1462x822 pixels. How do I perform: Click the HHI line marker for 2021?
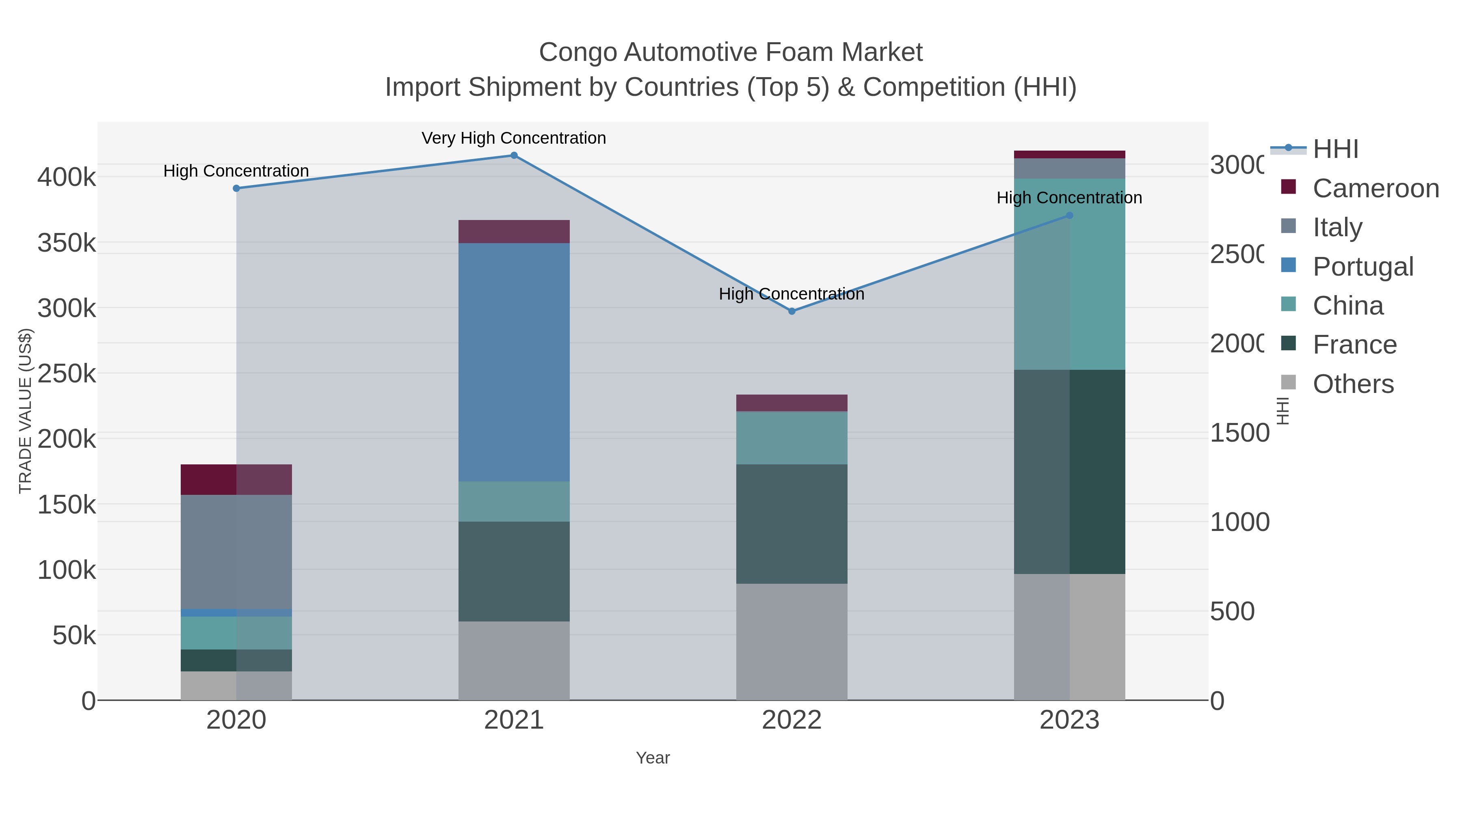point(514,155)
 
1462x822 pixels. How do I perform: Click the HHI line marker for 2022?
point(792,311)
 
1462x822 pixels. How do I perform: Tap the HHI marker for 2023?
point(1069,216)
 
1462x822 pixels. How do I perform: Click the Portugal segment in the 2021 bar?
point(514,362)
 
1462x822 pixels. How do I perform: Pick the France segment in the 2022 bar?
point(792,524)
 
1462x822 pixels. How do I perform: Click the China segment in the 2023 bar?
point(1069,274)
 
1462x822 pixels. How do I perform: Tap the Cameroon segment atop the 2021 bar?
point(514,231)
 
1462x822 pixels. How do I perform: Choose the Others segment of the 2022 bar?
point(792,642)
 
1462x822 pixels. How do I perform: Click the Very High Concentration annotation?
point(514,138)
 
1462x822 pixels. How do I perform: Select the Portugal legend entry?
point(1363,267)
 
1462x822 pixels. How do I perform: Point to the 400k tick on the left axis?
point(67,177)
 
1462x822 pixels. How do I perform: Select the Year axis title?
point(653,758)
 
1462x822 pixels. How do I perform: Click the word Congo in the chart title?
point(578,53)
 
